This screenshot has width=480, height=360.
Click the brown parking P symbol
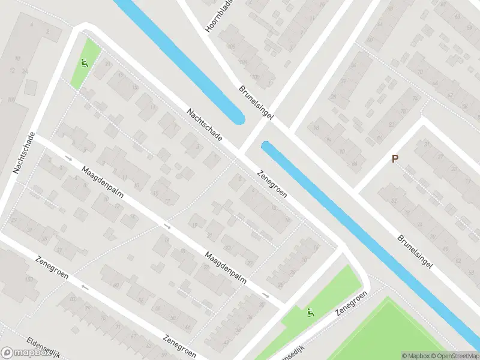395,159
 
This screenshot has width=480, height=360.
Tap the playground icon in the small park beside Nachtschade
85,62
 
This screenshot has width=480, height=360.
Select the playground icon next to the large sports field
310,312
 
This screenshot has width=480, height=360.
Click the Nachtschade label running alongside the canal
204,125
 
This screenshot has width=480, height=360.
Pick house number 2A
25,70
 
